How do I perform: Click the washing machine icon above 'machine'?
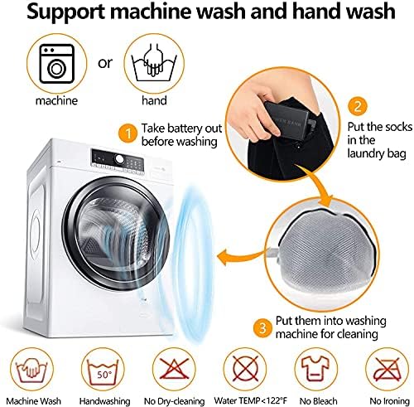[57, 64]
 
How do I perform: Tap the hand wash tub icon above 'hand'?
[154, 62]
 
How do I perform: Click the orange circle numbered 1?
[128, 133]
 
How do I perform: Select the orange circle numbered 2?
[358, 106]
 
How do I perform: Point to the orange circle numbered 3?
[262, 328]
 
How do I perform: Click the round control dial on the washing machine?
[119, 159]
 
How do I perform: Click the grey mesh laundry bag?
[325, 249]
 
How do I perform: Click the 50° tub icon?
[103, 371]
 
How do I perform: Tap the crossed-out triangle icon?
[174, 370]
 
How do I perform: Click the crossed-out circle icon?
[245, 370]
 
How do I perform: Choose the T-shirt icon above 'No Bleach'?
[315, 369]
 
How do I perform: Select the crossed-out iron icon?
[387, 370]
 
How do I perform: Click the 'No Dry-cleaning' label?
[174, 401]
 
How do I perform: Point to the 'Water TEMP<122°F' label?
[250, 400]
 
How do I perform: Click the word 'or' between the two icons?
[105, 63]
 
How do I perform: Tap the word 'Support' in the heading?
[65, 12]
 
